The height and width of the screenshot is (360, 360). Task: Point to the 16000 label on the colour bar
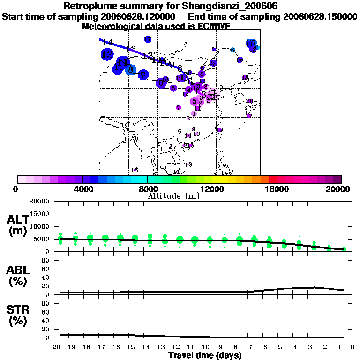[277, 189]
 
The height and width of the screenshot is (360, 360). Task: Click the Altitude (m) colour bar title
[173, 196]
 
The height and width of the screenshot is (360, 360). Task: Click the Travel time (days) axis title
[205, 356]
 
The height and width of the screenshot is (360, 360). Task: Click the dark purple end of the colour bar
[337, 179]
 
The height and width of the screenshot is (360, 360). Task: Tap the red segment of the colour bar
[272, 179]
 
